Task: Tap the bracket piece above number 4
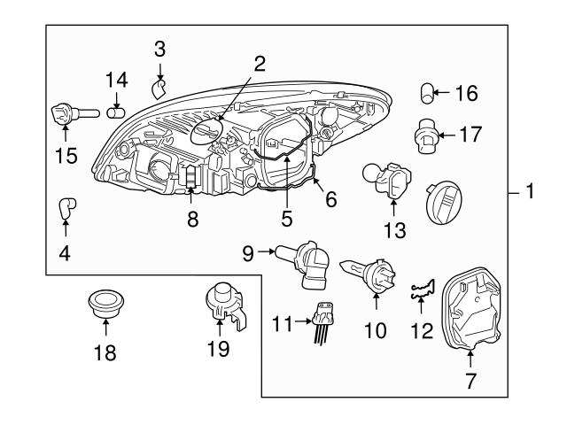tap(65, 209)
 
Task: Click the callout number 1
tap(529, 191)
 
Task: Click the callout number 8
tap(192, 219)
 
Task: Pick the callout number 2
tap(259, 63)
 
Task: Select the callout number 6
tap(330, 201)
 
